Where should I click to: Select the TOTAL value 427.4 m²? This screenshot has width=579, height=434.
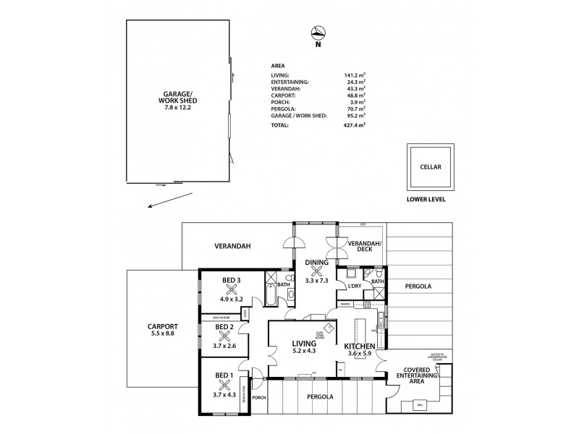tap(355, 125)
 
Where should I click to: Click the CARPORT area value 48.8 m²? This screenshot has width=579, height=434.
tap(355, 95)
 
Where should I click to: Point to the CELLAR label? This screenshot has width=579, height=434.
tap(431, 166)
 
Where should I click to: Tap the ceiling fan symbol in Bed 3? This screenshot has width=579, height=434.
tap(221, 288)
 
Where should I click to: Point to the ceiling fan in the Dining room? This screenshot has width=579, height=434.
tap(316, 271)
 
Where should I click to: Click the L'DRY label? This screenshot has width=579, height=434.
tap(355, 286)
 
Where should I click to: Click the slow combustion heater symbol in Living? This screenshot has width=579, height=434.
tap(329, 328)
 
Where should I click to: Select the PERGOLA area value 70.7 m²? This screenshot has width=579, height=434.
tap(355, 109)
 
